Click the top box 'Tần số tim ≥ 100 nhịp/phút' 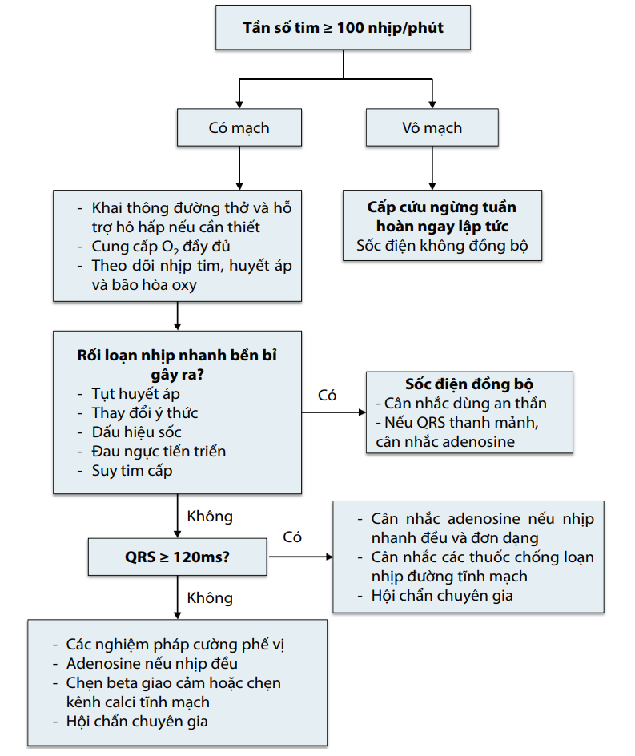click(343, 28)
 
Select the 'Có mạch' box click(239, 127)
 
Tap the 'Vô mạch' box click(432, 127)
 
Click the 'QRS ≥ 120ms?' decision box click(177, 555)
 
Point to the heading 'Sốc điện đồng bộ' click(468, 384)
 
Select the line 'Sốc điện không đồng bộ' click(442, 246)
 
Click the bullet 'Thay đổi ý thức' click(145, 412)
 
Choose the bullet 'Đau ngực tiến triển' click(159, 451)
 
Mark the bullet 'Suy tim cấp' click(131, 470)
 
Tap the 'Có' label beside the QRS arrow click(292, 537)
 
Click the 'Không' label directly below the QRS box click(209, 597)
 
